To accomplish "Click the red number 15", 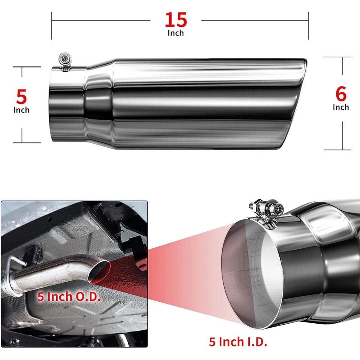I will coord(175,20).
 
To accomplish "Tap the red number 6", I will coord(341,94).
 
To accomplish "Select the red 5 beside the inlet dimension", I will coord(21,97).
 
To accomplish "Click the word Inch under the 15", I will coord(175,33).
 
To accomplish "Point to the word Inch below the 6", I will coord(341,107).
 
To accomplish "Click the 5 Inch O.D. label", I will coord(69,297).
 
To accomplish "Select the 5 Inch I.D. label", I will coord(238,342).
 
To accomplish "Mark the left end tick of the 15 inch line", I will coord(52,25).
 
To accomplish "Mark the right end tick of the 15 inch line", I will coord(309,25).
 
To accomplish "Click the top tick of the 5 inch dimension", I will coord(27,67).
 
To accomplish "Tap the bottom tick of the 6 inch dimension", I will coord(337,150).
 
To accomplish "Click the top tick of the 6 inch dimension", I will coord(337,57).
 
